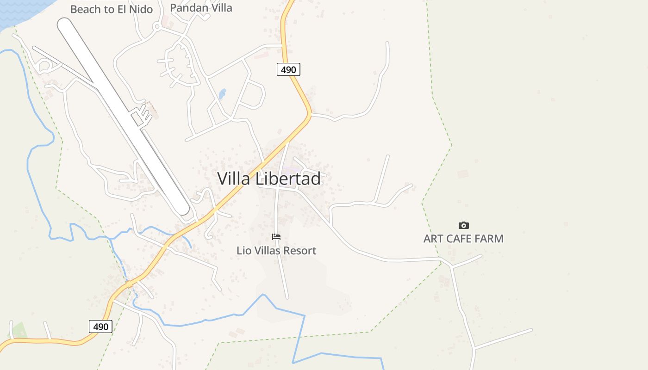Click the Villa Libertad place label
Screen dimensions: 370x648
pos(269,179)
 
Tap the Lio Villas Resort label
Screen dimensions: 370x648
pos(276,251)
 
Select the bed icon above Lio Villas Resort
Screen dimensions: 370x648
pos(276,237)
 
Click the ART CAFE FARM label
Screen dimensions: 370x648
pos(463,239)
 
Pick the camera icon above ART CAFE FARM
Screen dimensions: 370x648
pos(463,226)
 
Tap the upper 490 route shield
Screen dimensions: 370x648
pos(289,69)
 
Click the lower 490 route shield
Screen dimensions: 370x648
pos(100,327)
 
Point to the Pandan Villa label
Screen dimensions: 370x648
pos(201,8)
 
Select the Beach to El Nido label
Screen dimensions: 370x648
pos(111,9)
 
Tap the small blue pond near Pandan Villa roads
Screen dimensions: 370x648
pos(222,94)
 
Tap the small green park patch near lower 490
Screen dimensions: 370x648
pos(19,330)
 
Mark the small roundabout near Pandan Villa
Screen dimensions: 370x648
pos(157,27)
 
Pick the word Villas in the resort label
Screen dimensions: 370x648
pos(269,251)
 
